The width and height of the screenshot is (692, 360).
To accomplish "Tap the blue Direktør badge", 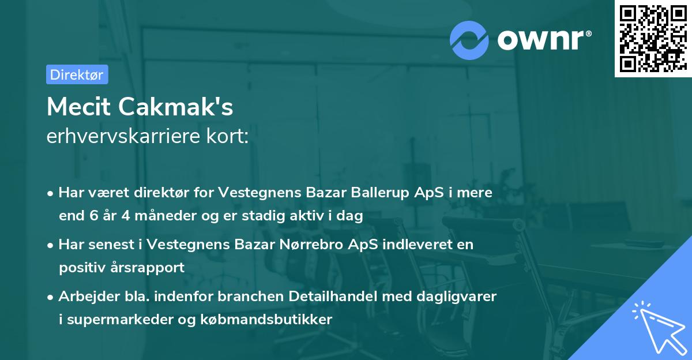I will [77, 74].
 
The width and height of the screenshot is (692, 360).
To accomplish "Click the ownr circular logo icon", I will [468, 40].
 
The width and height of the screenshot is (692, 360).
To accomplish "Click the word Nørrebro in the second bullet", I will [311, 244].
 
